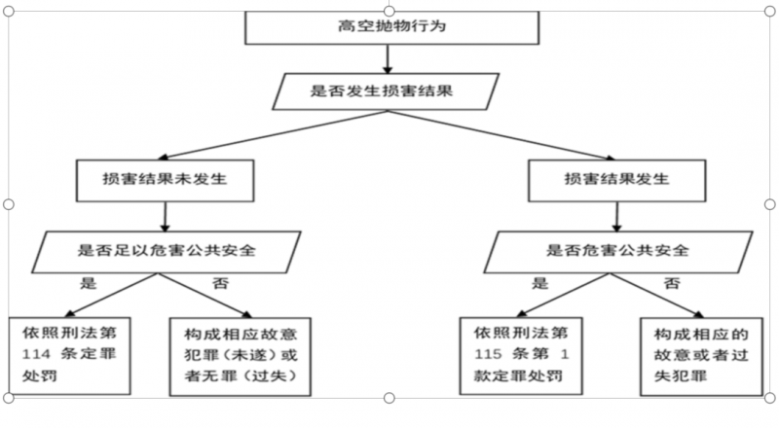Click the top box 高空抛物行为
pyautogui.click(x=392, y=27)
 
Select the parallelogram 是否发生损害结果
pyautogui.click(x=386, y=91)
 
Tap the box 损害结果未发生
pyautogui.click(x=165, y=180)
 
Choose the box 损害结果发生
pyautogui.click(x=616, y=180)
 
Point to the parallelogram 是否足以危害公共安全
pyautogui.click(x=167, y=252)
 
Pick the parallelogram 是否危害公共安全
pyautogui.click(x=618, y=252)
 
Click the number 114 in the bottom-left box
pyautogui.click(x=36, y=354)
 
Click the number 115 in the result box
pyautogui.click(x=488, y=354)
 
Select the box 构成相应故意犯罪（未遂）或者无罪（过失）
pyautogui.click(x=241, y=356)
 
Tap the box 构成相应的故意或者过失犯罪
pyautogui.click(x=701, y=356)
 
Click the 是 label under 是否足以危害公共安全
pyautogui.click(x=88, y=283)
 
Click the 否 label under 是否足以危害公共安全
pyautogui.click(x=221, y=283)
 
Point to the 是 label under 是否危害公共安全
pyautogui.click(x=540, y=283)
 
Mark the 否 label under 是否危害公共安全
pyautogui.click(x=672, y=283)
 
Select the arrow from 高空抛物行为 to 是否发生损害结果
pyautogui.click(x=388, y=59)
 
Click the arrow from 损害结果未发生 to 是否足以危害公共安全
pyautogui.click(x=165, y=217)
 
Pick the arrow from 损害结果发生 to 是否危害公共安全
pyautogui.click(x=616, y=217)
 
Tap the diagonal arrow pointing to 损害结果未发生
pyautogui.click(x=273, y=135)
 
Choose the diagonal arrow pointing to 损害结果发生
pyautogui.click(x=501, y=135)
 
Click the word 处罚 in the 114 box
pyautogui.click(x=40, y=375)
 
